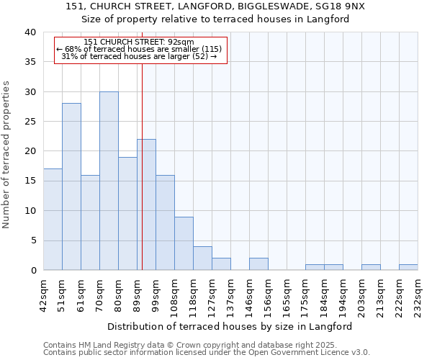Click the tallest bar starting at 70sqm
tap(109, 181)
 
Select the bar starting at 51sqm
tap(71, 186)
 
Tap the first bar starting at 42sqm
tap(53, 220)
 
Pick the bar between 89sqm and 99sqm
tap(146, 204)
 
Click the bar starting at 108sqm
tap(184, 243)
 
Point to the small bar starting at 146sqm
tap(258, 264)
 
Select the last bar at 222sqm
tap(408, 267)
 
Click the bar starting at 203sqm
tap(371, 267)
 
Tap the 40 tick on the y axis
tap(30, 32)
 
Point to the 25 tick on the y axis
tap(30, 122)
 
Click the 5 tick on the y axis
tap(32, 240)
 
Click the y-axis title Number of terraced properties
tap(7, 154)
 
